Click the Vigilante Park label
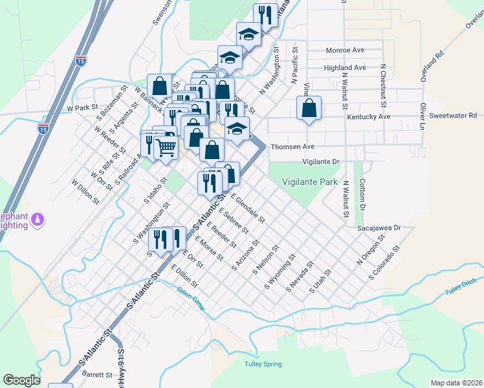[x=310, y=182]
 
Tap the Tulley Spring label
[x=263, y=364]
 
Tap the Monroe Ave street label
[x=346, y=50]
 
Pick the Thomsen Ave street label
[x=292, y=147]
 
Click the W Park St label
[x=82, y=108]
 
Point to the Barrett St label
[x=97, y=374]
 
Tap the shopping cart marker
[x=166, y=148]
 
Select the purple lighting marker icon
[x=38, y=220]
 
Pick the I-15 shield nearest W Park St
[x=43, y=129]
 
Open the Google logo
[x=21, y=380]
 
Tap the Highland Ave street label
[x=345, y=67]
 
